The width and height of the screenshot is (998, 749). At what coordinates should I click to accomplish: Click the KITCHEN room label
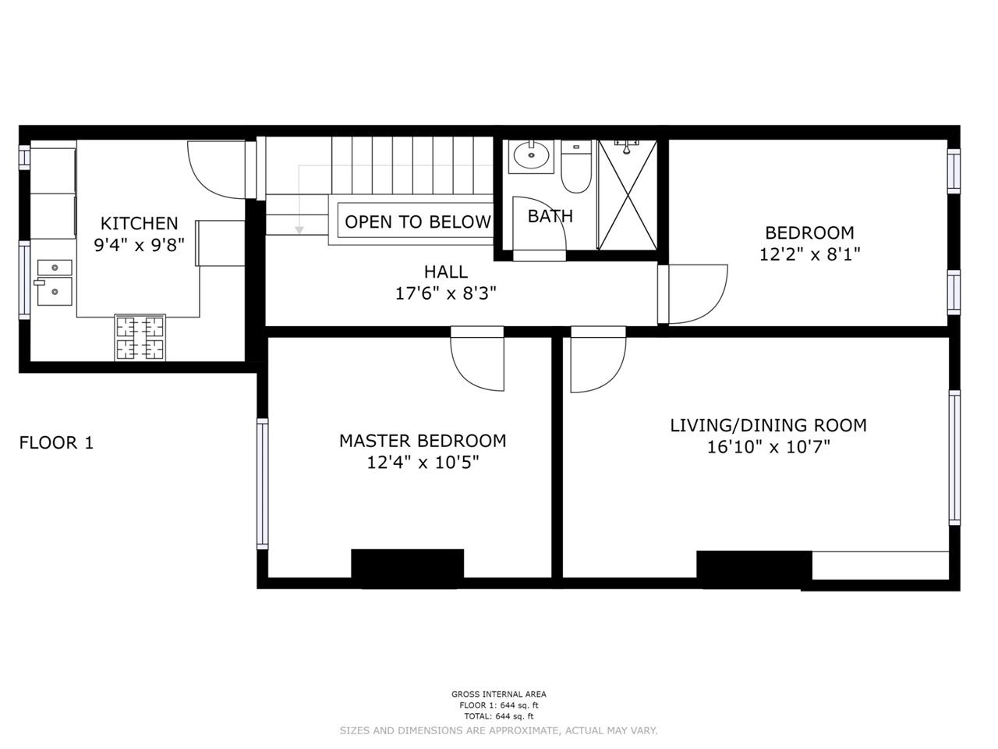(139, 223)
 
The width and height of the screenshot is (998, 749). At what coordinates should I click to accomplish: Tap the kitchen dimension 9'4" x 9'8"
(139, 245)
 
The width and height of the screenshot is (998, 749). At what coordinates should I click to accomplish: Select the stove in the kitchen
(140, 338)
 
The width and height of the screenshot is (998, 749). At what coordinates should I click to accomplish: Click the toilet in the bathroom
(576, 166)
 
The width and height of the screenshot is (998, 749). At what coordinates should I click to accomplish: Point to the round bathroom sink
(531, 155)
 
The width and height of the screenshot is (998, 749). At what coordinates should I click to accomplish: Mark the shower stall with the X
(628, 195)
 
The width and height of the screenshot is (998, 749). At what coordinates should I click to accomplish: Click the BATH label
(550, 216)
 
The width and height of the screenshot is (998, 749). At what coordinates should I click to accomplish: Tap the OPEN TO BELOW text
(418, 222)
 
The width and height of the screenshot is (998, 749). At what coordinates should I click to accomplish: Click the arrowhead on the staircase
(299, 230)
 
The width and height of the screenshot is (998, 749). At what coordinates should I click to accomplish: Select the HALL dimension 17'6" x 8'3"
(445, 293)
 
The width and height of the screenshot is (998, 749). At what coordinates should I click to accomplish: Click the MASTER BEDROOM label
(423, 441)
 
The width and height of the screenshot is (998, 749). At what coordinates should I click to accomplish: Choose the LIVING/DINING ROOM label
(769, 425)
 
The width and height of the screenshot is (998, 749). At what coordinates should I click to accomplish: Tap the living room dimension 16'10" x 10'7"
(769, 447)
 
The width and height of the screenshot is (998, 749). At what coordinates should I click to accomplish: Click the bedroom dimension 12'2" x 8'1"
(810, 254)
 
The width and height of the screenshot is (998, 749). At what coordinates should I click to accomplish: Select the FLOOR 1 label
(56, 442)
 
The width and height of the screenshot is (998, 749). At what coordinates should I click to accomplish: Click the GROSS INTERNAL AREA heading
(499, 694)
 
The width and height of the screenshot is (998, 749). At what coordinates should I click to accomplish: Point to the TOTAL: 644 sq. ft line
(499, 716)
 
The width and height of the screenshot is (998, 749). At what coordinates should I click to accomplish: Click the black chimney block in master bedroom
(407, 569)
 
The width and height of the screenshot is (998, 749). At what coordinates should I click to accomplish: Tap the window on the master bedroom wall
(262, 484)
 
